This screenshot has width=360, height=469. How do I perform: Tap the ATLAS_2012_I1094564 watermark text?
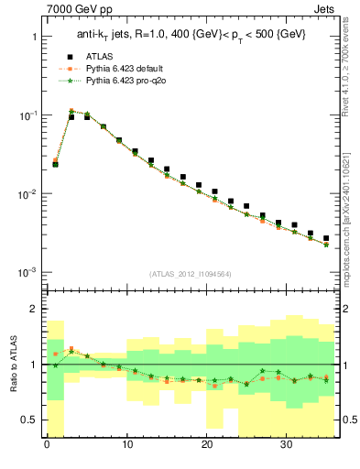click(191, 273)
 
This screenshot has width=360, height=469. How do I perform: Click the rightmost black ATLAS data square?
click(326, 238)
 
